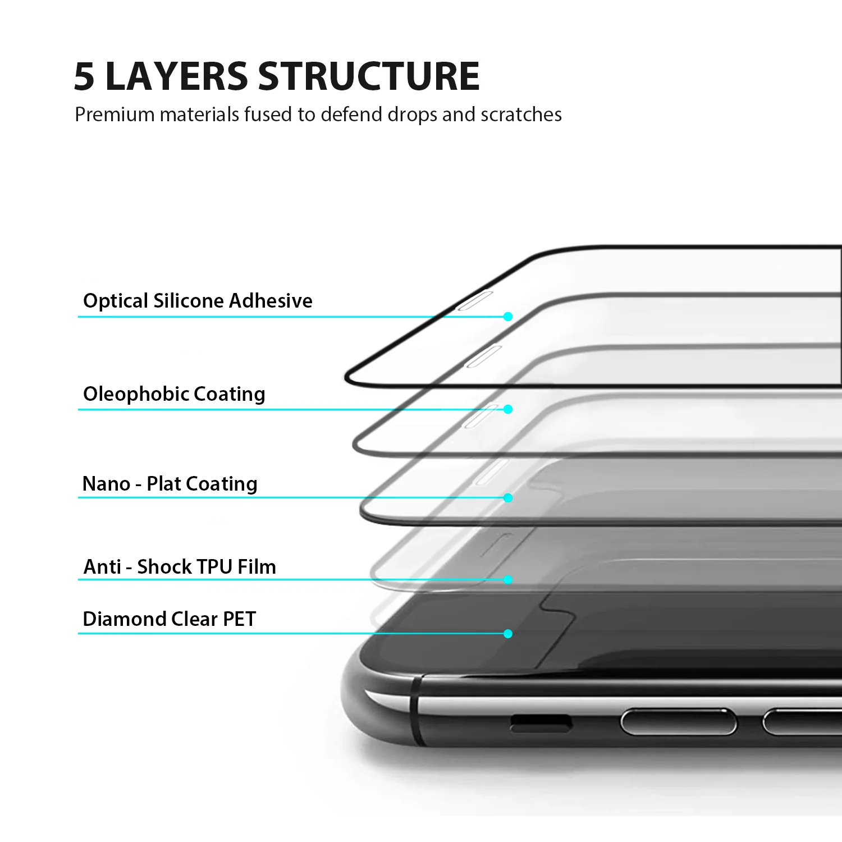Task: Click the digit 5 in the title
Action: [x=84, y=76]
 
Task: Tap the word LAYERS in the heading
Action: [x=176, y=76]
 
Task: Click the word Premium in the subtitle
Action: [x=115, y=115]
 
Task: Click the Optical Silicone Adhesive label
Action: [x=198, y=301]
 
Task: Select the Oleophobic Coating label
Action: [x=174, y=394]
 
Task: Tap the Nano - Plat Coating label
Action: [x=170, y=484]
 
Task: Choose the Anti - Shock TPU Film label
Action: [x=180, y=567]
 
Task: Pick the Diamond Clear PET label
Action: [x=169, y=619]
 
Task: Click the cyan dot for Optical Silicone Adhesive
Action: [x=508, y=317]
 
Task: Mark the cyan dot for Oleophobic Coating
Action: [x=508, y=409]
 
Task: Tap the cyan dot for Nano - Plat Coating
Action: [x=508, y=498]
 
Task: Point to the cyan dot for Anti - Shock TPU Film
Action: [x=508, y=579]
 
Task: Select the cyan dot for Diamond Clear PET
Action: [x=508, y=634]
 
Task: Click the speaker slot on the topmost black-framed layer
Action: [x=475, y=300]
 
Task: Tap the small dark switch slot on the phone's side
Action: [x=541, y=724]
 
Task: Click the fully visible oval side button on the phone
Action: [x=678, y=721]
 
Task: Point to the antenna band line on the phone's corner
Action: [x=416, y=710]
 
